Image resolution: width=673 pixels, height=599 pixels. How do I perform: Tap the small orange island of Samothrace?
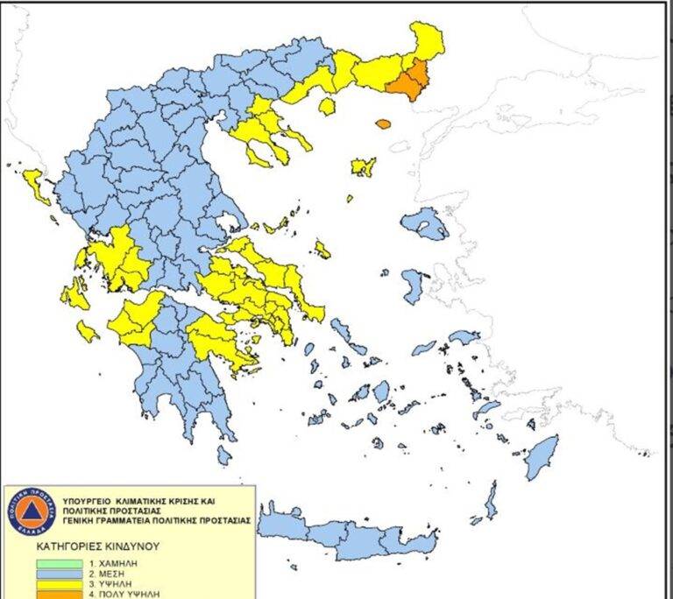383,123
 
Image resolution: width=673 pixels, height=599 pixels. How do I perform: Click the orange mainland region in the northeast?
407,81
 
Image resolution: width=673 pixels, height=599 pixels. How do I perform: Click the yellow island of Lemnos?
363,166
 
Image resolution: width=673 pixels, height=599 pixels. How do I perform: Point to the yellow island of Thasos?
327,107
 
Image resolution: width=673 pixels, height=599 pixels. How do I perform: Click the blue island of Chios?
413,285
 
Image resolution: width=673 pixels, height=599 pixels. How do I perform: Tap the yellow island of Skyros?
323,250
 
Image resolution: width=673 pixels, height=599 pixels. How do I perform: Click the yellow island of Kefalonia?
74,295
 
